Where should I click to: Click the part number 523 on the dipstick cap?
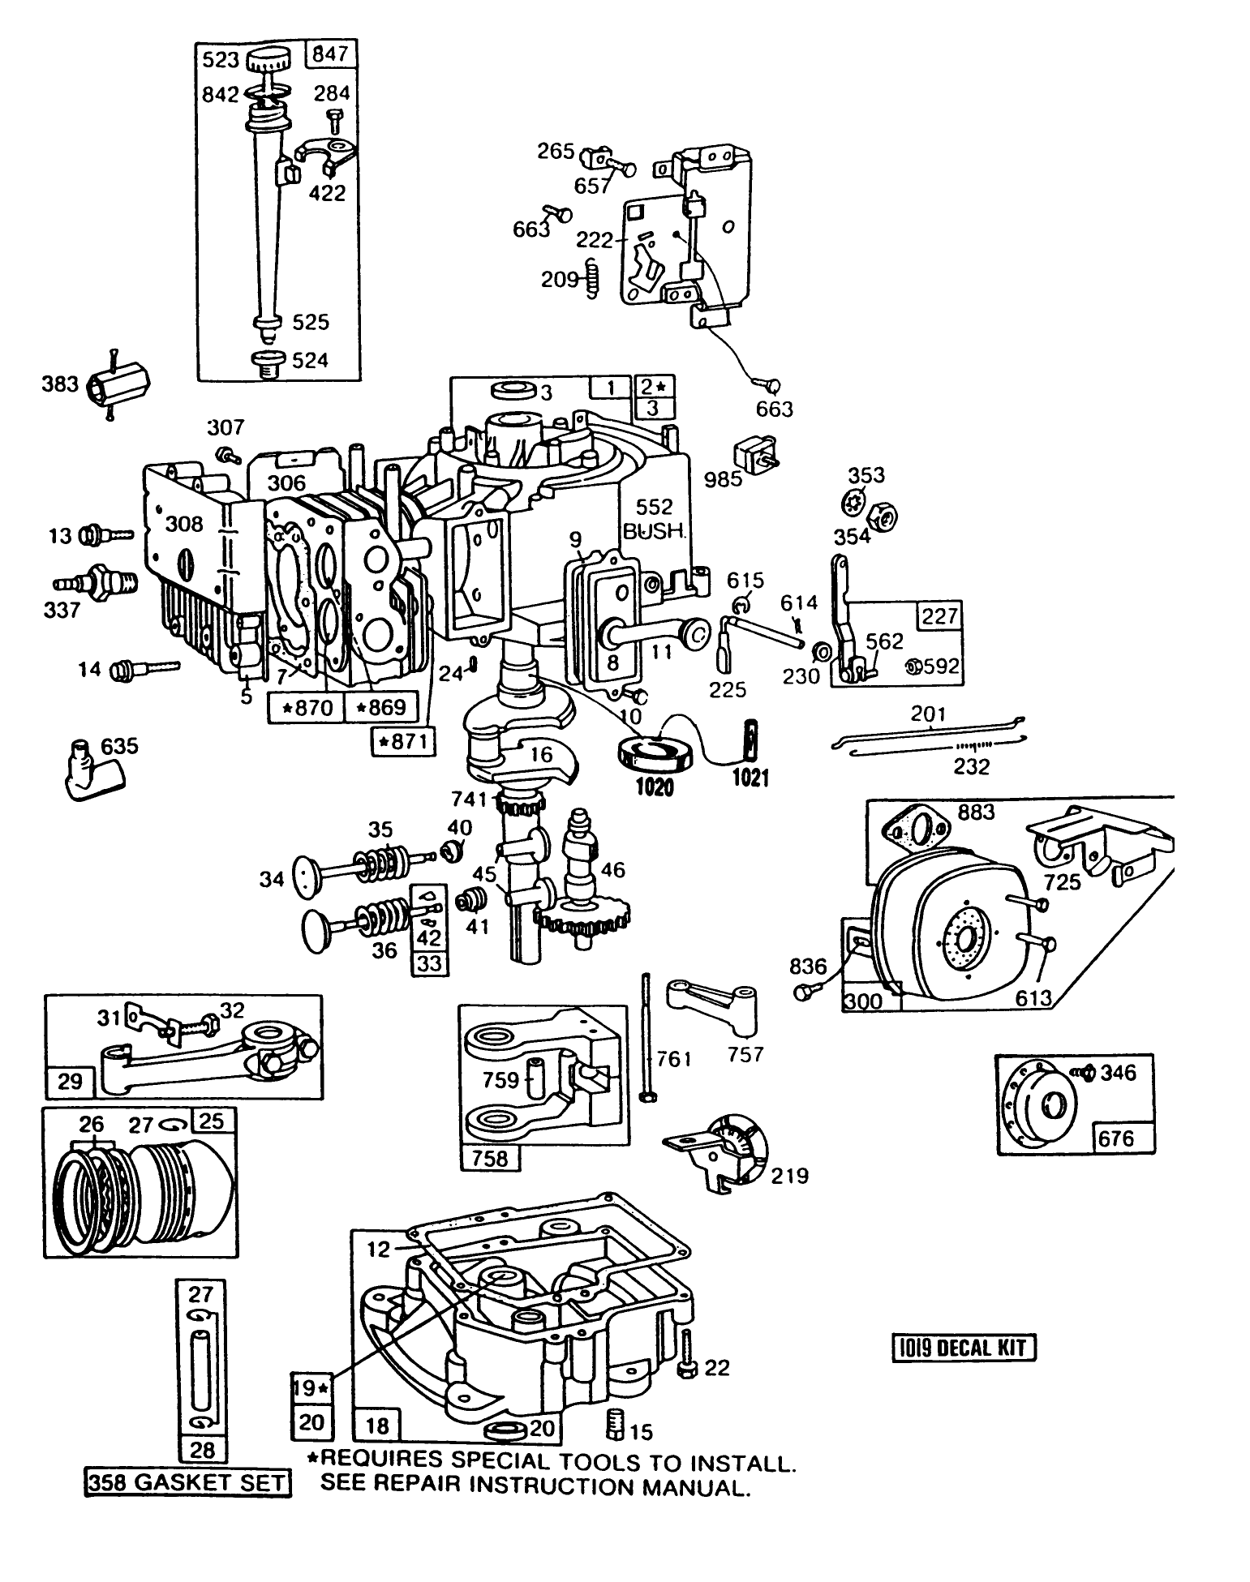(x=221, y=60)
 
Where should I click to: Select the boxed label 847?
(x=329, y=54)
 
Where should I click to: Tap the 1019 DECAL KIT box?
(x=964, y=1348)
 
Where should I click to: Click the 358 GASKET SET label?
(x=187, y=1483)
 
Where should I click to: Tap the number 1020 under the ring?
(x=654, y=786)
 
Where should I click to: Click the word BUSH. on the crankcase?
(x=654, y=532)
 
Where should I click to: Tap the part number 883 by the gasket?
(x=975, y=812)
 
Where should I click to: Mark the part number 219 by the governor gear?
(x=790, y=1176)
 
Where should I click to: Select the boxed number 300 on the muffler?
(x=862, y=1001)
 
